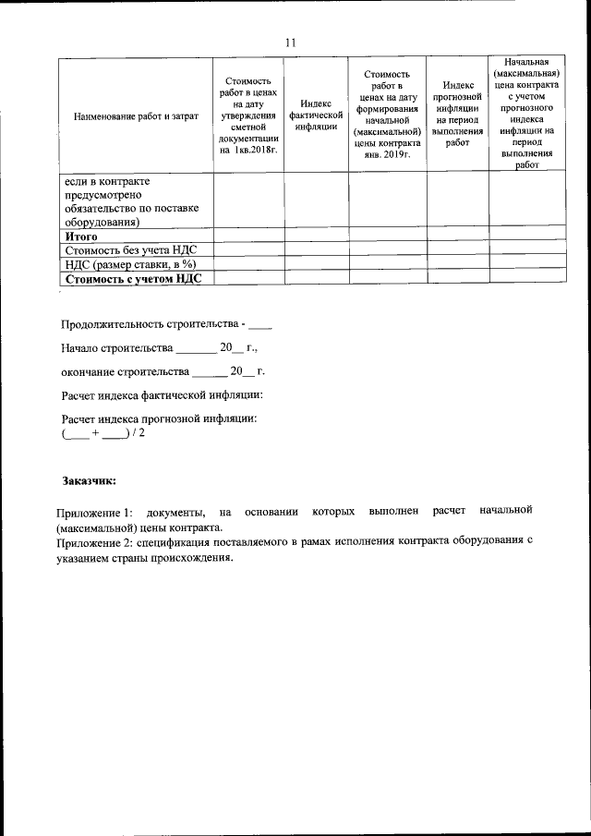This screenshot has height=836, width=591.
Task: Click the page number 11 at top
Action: tap(291, 42)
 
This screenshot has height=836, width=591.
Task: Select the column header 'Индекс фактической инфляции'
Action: tap(316, 115)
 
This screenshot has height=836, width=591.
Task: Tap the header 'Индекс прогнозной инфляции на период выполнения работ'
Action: tap(457, 115)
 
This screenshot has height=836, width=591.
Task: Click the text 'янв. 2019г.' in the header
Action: tap(387, 155)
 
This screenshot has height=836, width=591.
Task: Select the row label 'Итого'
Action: tap(80, 236)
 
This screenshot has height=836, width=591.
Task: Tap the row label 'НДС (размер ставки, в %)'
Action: tap(131, 263)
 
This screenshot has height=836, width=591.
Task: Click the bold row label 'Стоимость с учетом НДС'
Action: tap(132, 277)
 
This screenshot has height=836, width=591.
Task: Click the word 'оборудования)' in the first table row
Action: tap(101, 222)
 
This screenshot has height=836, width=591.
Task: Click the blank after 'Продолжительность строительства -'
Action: tap(260, 326)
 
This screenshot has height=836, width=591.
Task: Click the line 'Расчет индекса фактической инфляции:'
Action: tap(163, 396)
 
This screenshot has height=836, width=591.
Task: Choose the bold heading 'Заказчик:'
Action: tap(90, 481)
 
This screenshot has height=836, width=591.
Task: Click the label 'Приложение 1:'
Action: tap(94, 512)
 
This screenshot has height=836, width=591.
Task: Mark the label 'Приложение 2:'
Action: tap(94, 542)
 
